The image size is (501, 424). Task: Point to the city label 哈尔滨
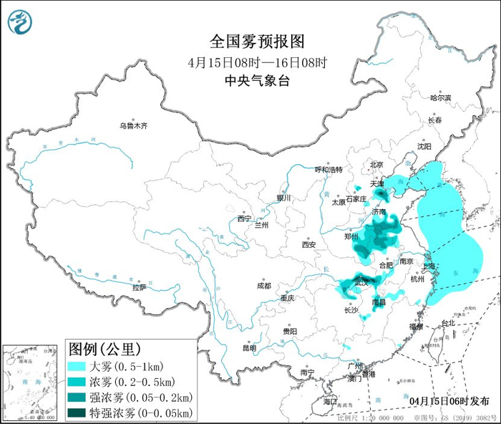click(x=441, y=97)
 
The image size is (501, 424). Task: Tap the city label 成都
click(x=263, y=286)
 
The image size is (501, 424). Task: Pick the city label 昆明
click(x=249, y=348)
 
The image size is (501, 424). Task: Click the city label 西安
click(x=308, y=244)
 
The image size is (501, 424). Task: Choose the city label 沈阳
click(x=424, y=146)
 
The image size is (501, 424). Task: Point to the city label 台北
click(x=447, y=323)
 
